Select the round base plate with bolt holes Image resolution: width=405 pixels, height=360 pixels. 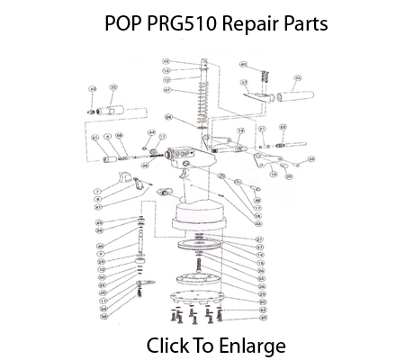point(199,294)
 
